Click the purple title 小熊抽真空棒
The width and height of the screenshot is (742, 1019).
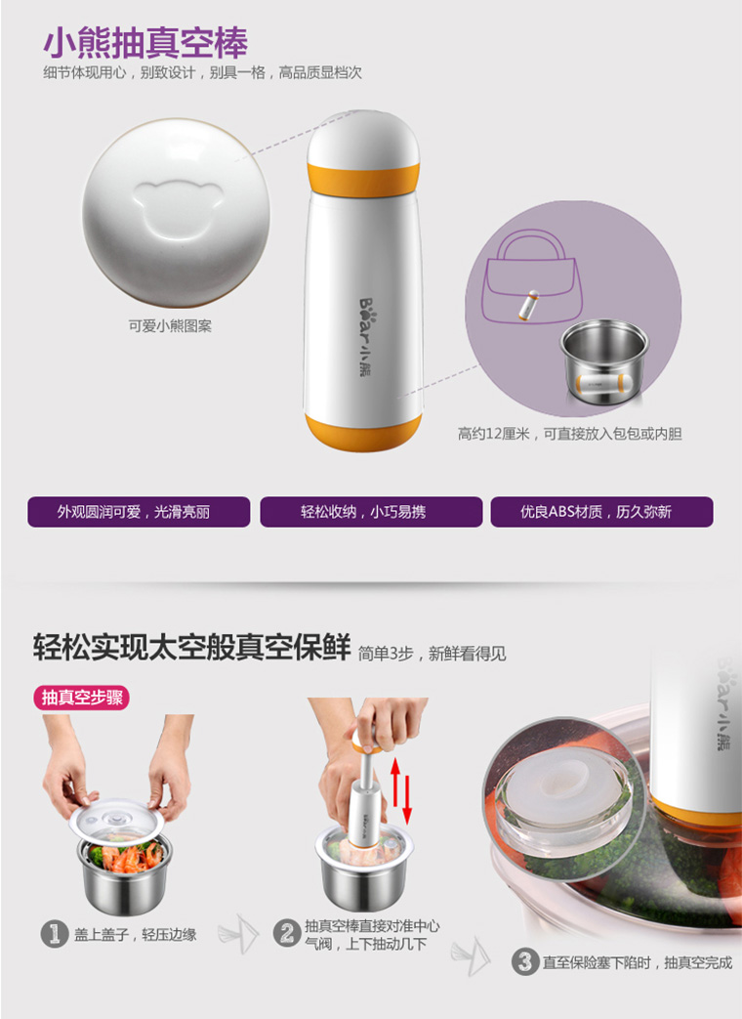pos(145,43)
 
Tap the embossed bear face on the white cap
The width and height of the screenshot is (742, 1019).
pos(178,207)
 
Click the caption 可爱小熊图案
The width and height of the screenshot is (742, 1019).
pos(170,325)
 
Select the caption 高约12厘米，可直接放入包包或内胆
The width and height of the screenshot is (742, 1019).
pos(569,434)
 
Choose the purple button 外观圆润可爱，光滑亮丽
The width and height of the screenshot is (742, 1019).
pos(139,512)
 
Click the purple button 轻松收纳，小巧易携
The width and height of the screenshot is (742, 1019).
pos(371,512)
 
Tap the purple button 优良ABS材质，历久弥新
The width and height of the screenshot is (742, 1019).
pos(601,512)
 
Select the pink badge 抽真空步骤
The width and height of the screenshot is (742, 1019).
pos(82,698)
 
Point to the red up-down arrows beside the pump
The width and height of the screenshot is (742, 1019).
pos(400,791)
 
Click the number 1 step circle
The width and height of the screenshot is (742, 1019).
pos(55,935)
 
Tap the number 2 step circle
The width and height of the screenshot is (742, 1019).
pos(286,934)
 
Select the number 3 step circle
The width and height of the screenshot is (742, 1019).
pos(524,961)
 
